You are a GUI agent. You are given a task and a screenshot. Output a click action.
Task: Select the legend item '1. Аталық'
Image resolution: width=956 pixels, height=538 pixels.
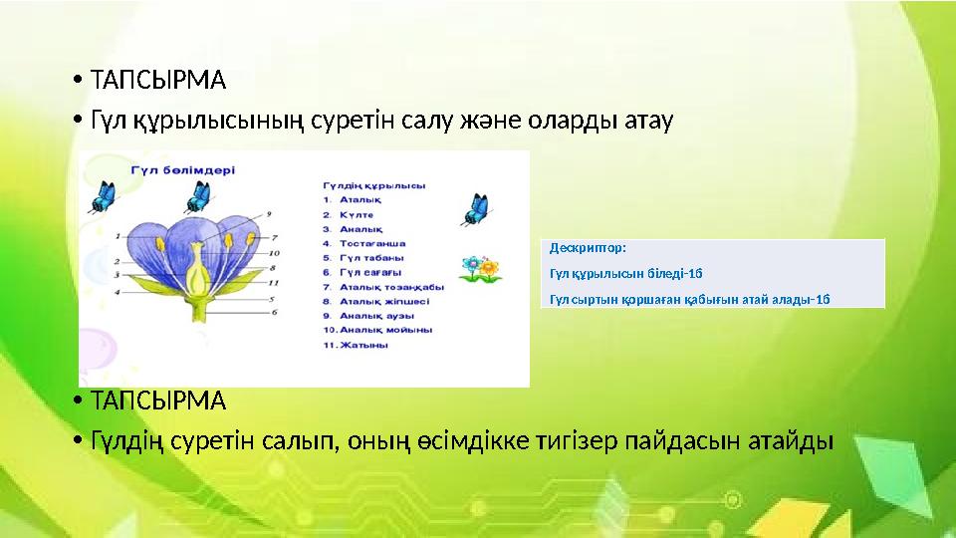point(350,199)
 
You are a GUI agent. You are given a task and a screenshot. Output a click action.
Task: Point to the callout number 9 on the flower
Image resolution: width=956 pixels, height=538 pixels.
point(268,212)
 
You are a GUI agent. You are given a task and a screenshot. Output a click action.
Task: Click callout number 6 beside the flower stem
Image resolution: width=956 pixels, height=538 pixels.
point(274,312)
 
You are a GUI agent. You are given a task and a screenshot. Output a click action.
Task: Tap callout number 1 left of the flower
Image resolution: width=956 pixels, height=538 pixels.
point(119,236)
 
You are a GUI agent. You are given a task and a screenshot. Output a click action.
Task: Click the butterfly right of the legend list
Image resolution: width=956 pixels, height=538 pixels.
point(475,209)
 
